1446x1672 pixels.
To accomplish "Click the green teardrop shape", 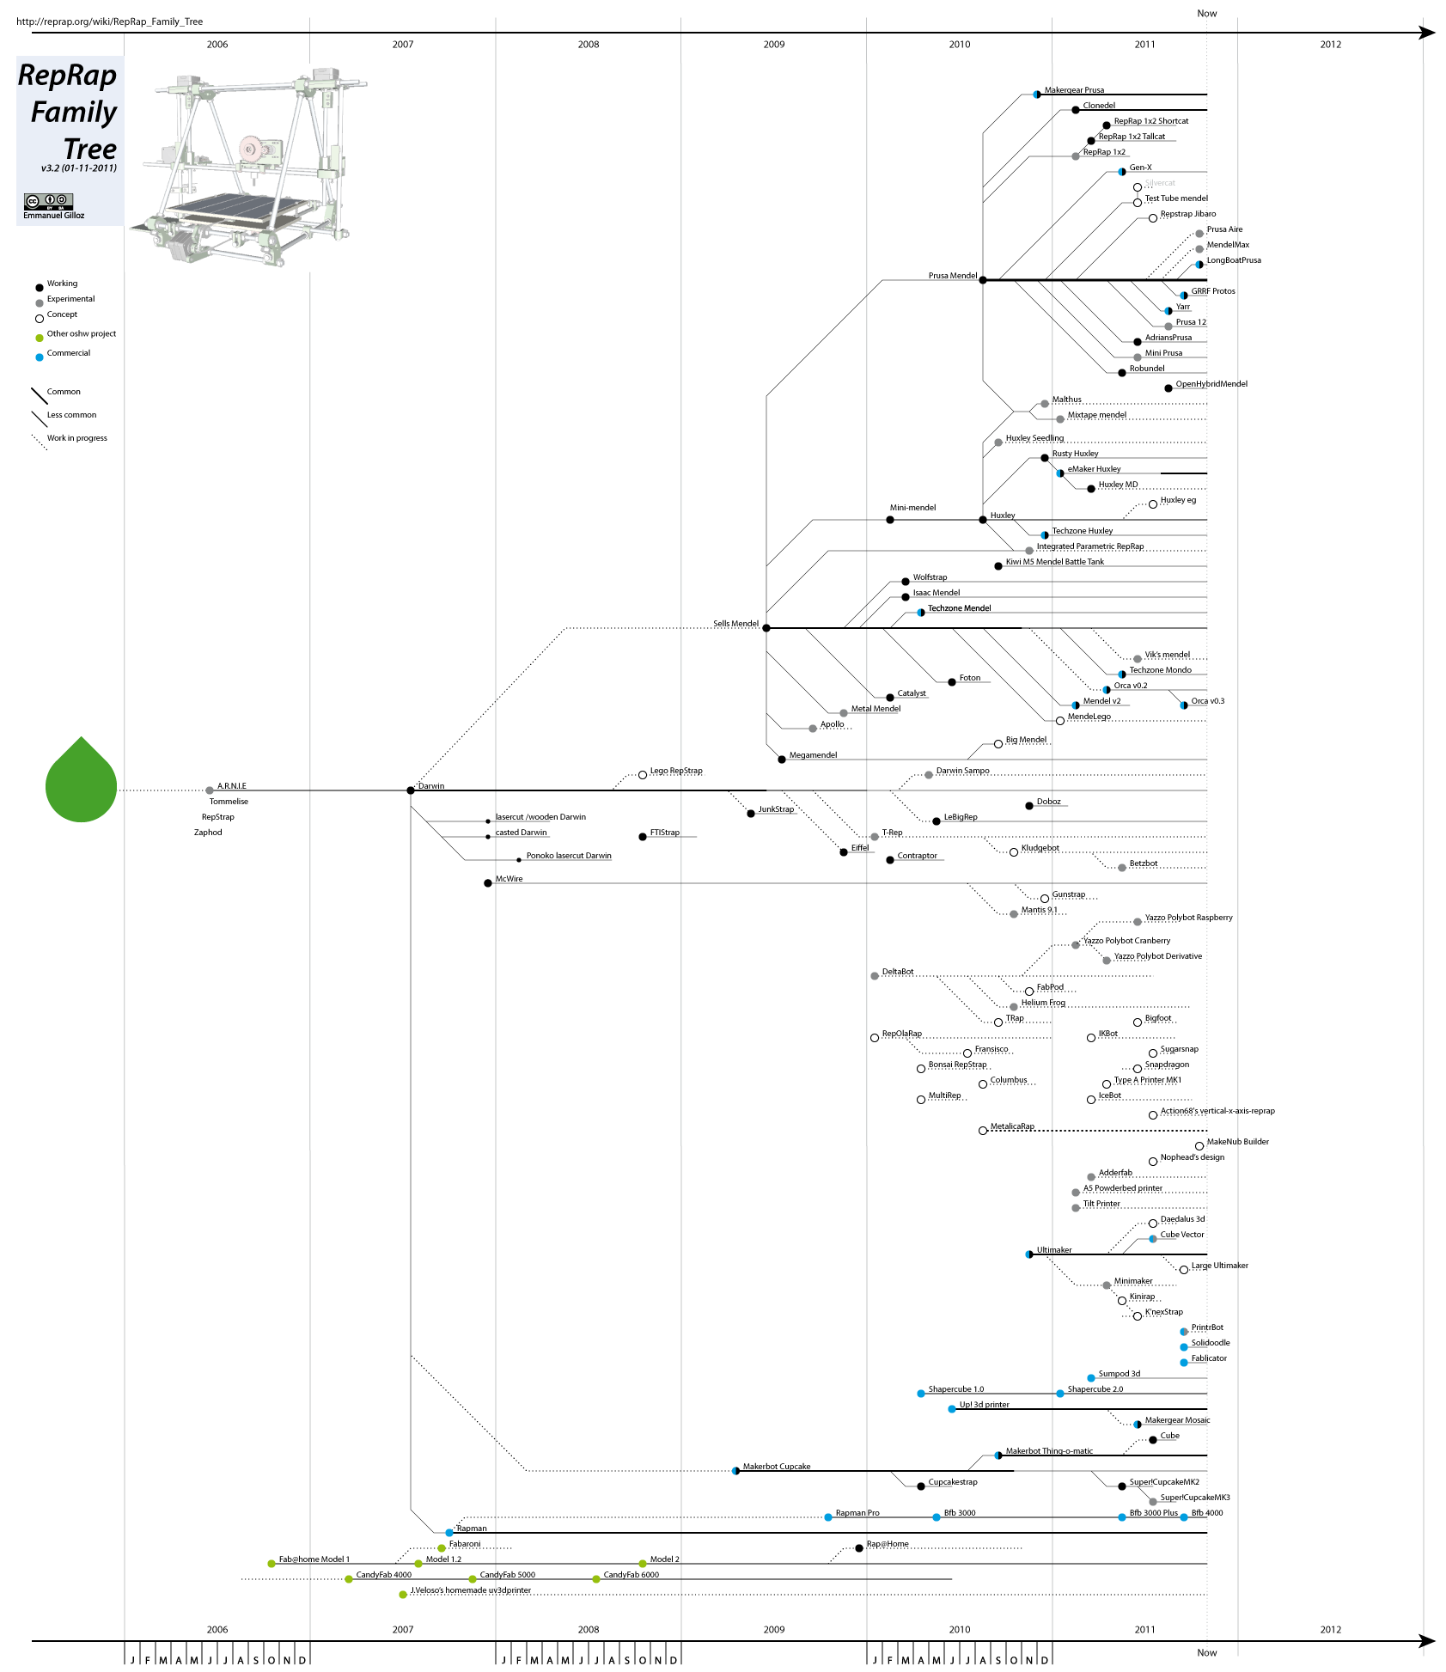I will pos(81,783).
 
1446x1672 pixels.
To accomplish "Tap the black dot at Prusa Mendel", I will pos(983,280).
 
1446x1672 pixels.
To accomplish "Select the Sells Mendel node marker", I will pos(766,628).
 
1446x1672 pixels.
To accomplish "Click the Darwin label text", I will pos(431,786).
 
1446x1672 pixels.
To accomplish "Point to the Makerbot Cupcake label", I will pos(777,1467).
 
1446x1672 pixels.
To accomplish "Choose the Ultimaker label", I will pos(1054,1250).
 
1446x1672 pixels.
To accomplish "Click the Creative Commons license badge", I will pos(48,201).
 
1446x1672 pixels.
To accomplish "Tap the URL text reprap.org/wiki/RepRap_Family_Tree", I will pos(110,21).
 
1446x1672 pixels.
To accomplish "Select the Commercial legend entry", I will pos(68,353).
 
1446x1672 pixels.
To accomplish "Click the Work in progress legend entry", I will pos(76,438).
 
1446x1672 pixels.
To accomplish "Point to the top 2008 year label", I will pos(589,44).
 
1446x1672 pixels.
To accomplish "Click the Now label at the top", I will pos(1207,13).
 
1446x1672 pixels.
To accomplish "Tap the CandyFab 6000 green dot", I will pos(596,1579).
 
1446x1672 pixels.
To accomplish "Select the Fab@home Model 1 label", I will pos(314,1559).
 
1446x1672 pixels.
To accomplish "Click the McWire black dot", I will pos(488,883).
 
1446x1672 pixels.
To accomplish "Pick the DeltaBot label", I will pos(898,972).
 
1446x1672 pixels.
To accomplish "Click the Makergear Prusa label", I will pos(1074,90).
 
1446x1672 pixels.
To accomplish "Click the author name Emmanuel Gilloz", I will pos(54,216).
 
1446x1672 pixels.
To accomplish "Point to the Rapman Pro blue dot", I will pos(828,1517).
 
